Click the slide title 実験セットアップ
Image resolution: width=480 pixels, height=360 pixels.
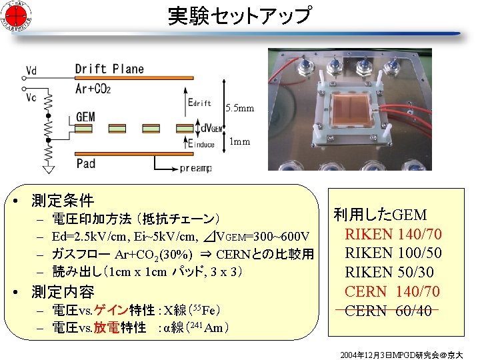pyautogui.click(x=239, y=16)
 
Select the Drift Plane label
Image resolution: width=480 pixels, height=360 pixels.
pyautogui.click(x=109, y=69)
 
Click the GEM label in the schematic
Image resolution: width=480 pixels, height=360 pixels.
pyautogui.click(x=85, y=117)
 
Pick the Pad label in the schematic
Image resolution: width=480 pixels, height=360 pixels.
pyautogui.click(x=86, y=163)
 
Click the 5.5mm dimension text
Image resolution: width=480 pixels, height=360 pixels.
pyautogui.click(x=239, y=108)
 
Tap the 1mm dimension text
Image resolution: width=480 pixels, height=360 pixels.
pyautogui.click(x=239, y=141)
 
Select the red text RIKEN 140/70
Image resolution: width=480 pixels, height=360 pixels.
pyautogui.click(x=393, y=234)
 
